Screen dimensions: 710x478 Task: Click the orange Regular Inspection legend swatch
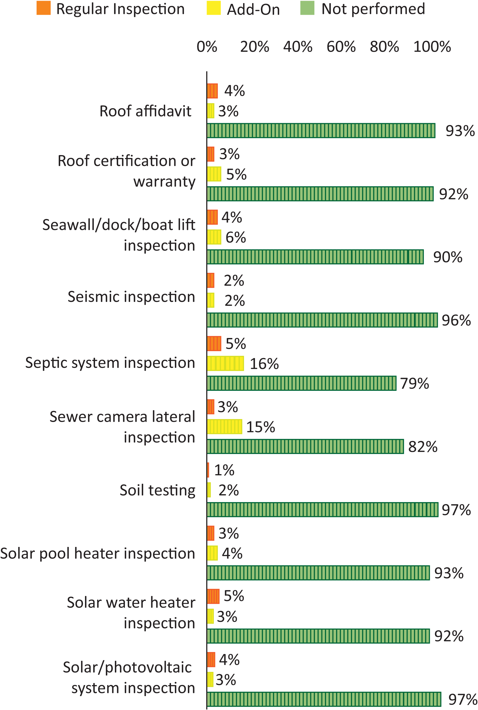tap(43, 8)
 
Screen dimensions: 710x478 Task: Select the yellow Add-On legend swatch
tap(214, 8)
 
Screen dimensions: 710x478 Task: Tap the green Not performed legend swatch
tap(307, 8)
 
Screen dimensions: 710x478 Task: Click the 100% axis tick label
tap(432, 47)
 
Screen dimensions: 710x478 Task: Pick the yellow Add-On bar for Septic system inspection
tap(225, 364)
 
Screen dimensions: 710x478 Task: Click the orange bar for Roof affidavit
tap(212, 91)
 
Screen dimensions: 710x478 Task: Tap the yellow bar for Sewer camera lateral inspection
tap(224, 426)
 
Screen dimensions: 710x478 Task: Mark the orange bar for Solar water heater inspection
tap(213, 596)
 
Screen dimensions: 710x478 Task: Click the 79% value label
tap(414, 384)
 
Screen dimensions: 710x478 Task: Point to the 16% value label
tap(264, 364)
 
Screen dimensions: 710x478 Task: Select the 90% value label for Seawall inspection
tap(448, 257)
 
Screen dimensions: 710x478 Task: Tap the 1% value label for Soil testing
tap(224, 470)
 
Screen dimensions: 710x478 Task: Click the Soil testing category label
tap(157, 490)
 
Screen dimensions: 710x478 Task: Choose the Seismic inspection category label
tap(131, 297)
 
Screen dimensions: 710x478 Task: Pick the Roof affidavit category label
tap(146, 111)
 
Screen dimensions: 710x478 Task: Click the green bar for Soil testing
tap(322, 510)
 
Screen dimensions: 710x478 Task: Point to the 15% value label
tap(260, 427)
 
